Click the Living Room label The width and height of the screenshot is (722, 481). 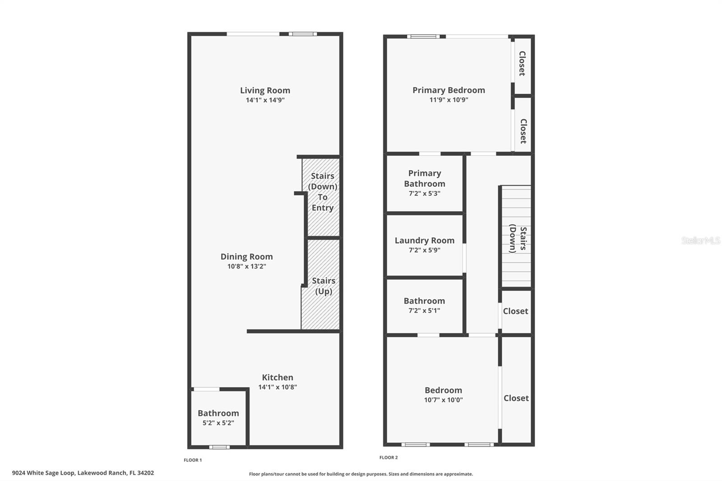pyautogui.click(x=265, y=90)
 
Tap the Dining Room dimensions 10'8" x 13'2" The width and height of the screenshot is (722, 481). pyautogui.click(x=246, y=267)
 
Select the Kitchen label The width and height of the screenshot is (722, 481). pyautogui.click(x=278, y=377)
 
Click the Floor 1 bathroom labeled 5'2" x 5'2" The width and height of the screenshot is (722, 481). pyautogui.click(x=218, y=418)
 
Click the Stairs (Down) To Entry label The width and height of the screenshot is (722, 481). pyautogui.click(x=322, y=192)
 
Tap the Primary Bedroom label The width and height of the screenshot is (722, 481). pyautogui.click(x=449, y=90)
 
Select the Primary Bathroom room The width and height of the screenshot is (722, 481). pyautogui.click(x=425, y=183)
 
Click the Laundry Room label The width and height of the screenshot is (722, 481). pyautogui.click(x=424, y=240)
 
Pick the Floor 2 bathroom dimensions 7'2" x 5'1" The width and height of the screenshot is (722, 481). pyautogui.click(x=424, y=310)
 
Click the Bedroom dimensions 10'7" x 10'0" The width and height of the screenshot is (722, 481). pyautogui.click(x=443, y=400)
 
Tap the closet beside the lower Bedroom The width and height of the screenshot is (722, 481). pyautogui.click(x=516, y=398)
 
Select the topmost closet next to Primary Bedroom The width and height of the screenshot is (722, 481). pyautogui.click(x=522, y=64)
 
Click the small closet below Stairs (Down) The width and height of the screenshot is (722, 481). pyautogui.click(x=515, y=311)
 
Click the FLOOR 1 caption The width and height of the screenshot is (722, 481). pyautogui.click(x=193, y=460)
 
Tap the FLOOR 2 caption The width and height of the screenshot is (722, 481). pyautogui.click(x=389, y=458)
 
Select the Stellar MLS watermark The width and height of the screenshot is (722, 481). pyautogui.click(x=700, y=240)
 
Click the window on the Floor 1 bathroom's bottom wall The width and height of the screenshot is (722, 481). pyautogui.click(x=219, y=447)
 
